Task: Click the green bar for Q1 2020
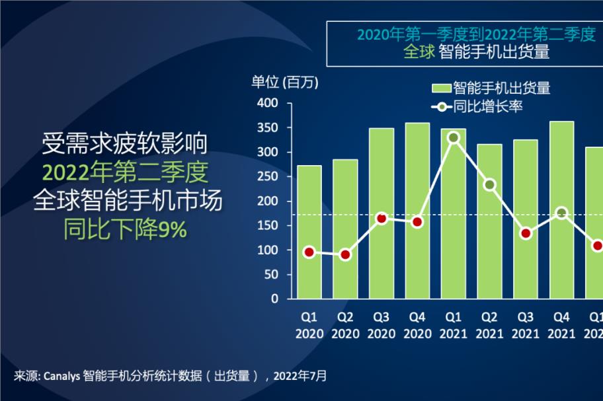point(309,232)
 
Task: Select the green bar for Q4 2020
point(417,211)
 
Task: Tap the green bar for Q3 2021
point(526,219)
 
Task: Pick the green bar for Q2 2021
point(489,221)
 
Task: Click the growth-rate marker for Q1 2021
point(454,137)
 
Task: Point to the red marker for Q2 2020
point(345,254)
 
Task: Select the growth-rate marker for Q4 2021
point(562,213)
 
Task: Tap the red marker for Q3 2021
point(526,234)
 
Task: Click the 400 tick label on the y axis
point(268,103)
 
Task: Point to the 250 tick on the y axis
point(268,176)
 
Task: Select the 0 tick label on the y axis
point(274,299)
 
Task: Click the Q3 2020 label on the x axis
point(382,325)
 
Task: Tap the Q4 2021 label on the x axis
point(561,325)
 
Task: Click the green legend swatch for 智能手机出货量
point(441,89)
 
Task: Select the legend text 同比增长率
point(488,106)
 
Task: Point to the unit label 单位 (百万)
point(285,82)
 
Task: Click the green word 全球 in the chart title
point(419,52)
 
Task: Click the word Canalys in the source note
point(62,376)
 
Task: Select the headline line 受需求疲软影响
point(124,143)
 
